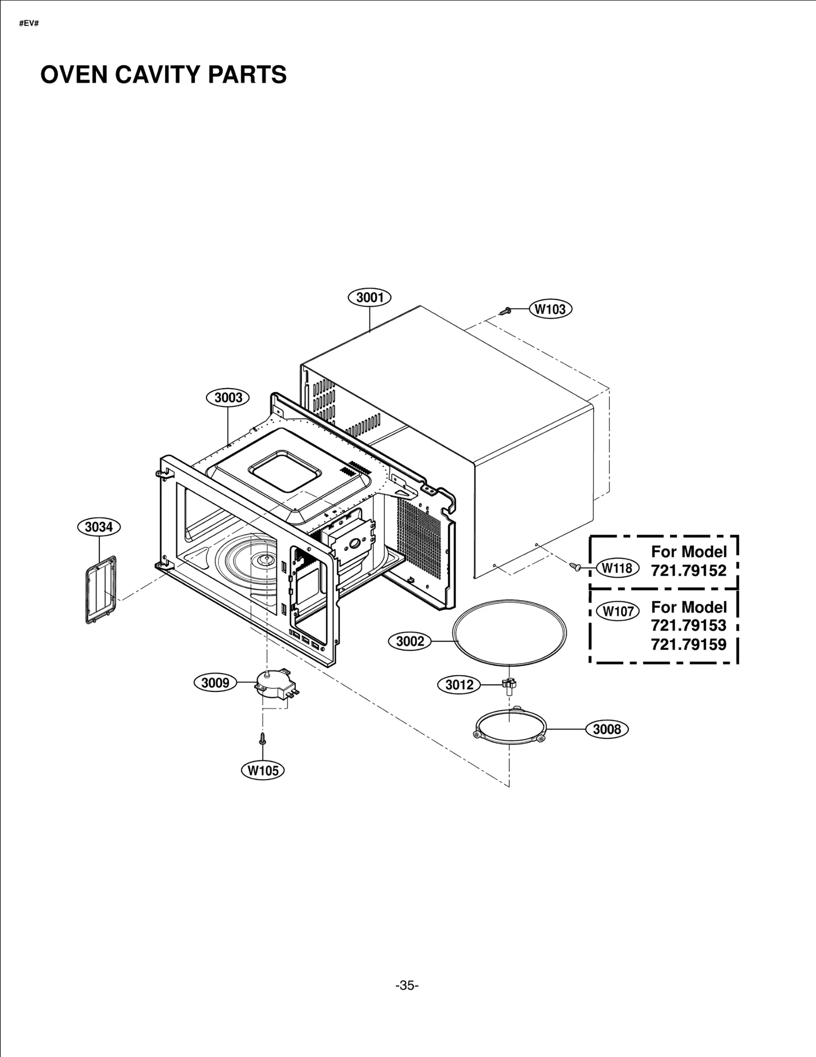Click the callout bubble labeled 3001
click(369, 297)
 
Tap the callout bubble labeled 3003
click(227, 398)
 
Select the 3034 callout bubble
click(98, 527)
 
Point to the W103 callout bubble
click(551, 309)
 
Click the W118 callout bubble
click(618, 568)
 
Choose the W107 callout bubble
click(618, 611)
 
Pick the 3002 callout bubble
click(410, 641)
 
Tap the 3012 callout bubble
click(460, 685)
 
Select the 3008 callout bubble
click(607, 729)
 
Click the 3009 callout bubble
click(215, 683)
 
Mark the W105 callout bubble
click(263, 770)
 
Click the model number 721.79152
click(688, 571)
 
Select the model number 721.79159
click(688, 644)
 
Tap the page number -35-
click(407, 986)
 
